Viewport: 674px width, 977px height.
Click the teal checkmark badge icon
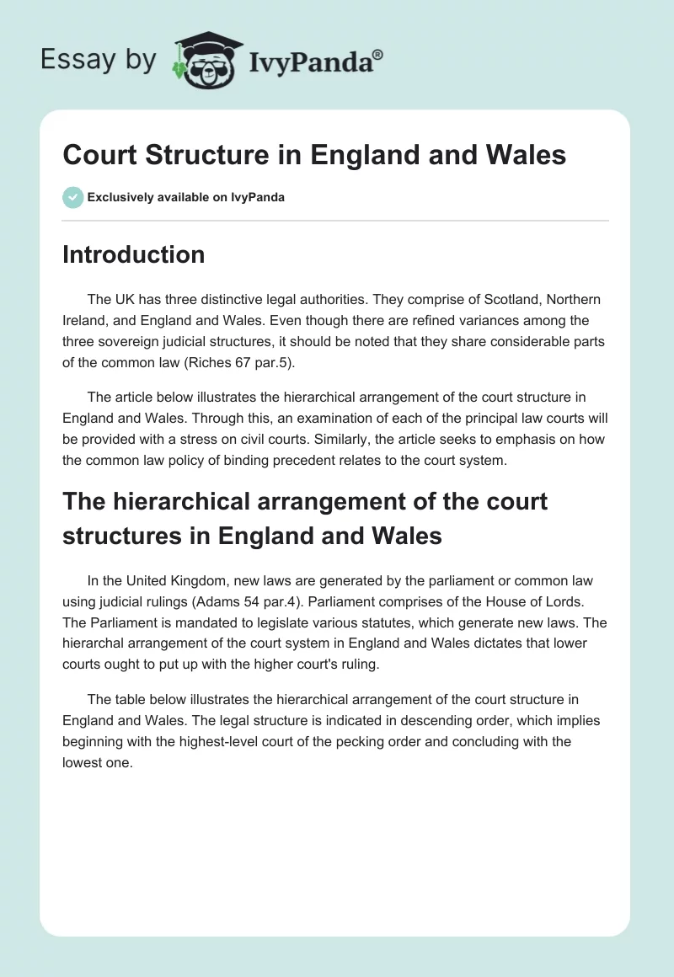tap(72, 197)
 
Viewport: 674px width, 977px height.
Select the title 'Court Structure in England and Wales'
tap(313, 155)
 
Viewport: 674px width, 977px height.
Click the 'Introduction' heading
tap(133, 255)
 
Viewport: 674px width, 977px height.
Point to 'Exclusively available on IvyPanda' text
tap(185, 198)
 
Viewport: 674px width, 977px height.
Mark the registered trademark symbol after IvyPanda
tap(378, 54)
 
